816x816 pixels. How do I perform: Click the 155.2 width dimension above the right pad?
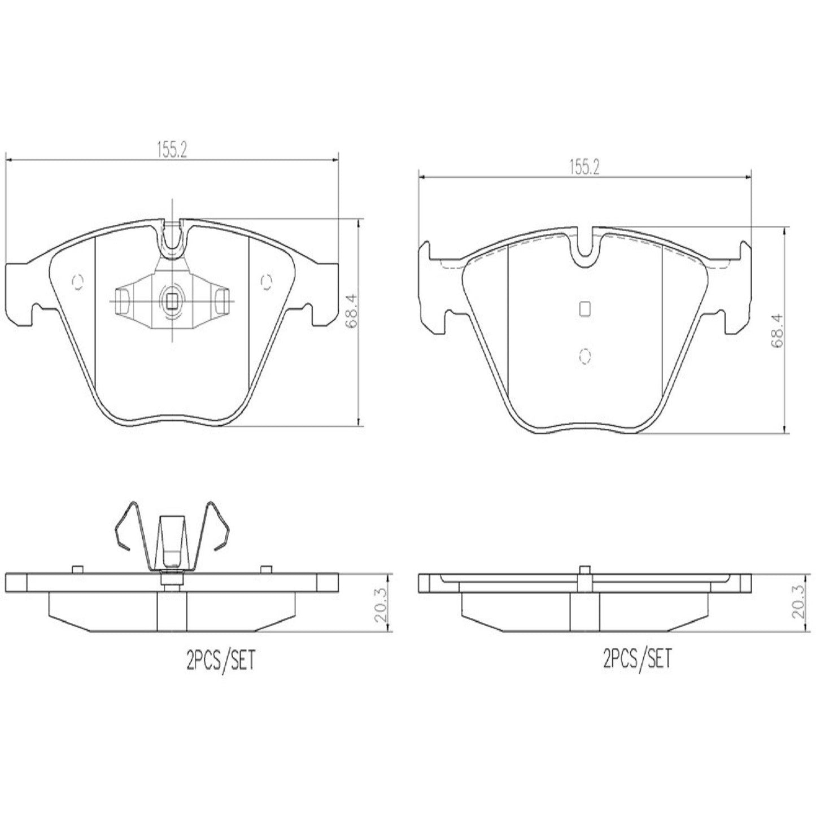point(583,167)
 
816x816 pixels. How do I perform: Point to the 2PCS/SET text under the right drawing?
point(638,658)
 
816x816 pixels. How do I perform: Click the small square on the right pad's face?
point(585,308)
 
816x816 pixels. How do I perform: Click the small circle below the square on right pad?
point(585,355)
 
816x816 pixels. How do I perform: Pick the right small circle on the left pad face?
point(266,280)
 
